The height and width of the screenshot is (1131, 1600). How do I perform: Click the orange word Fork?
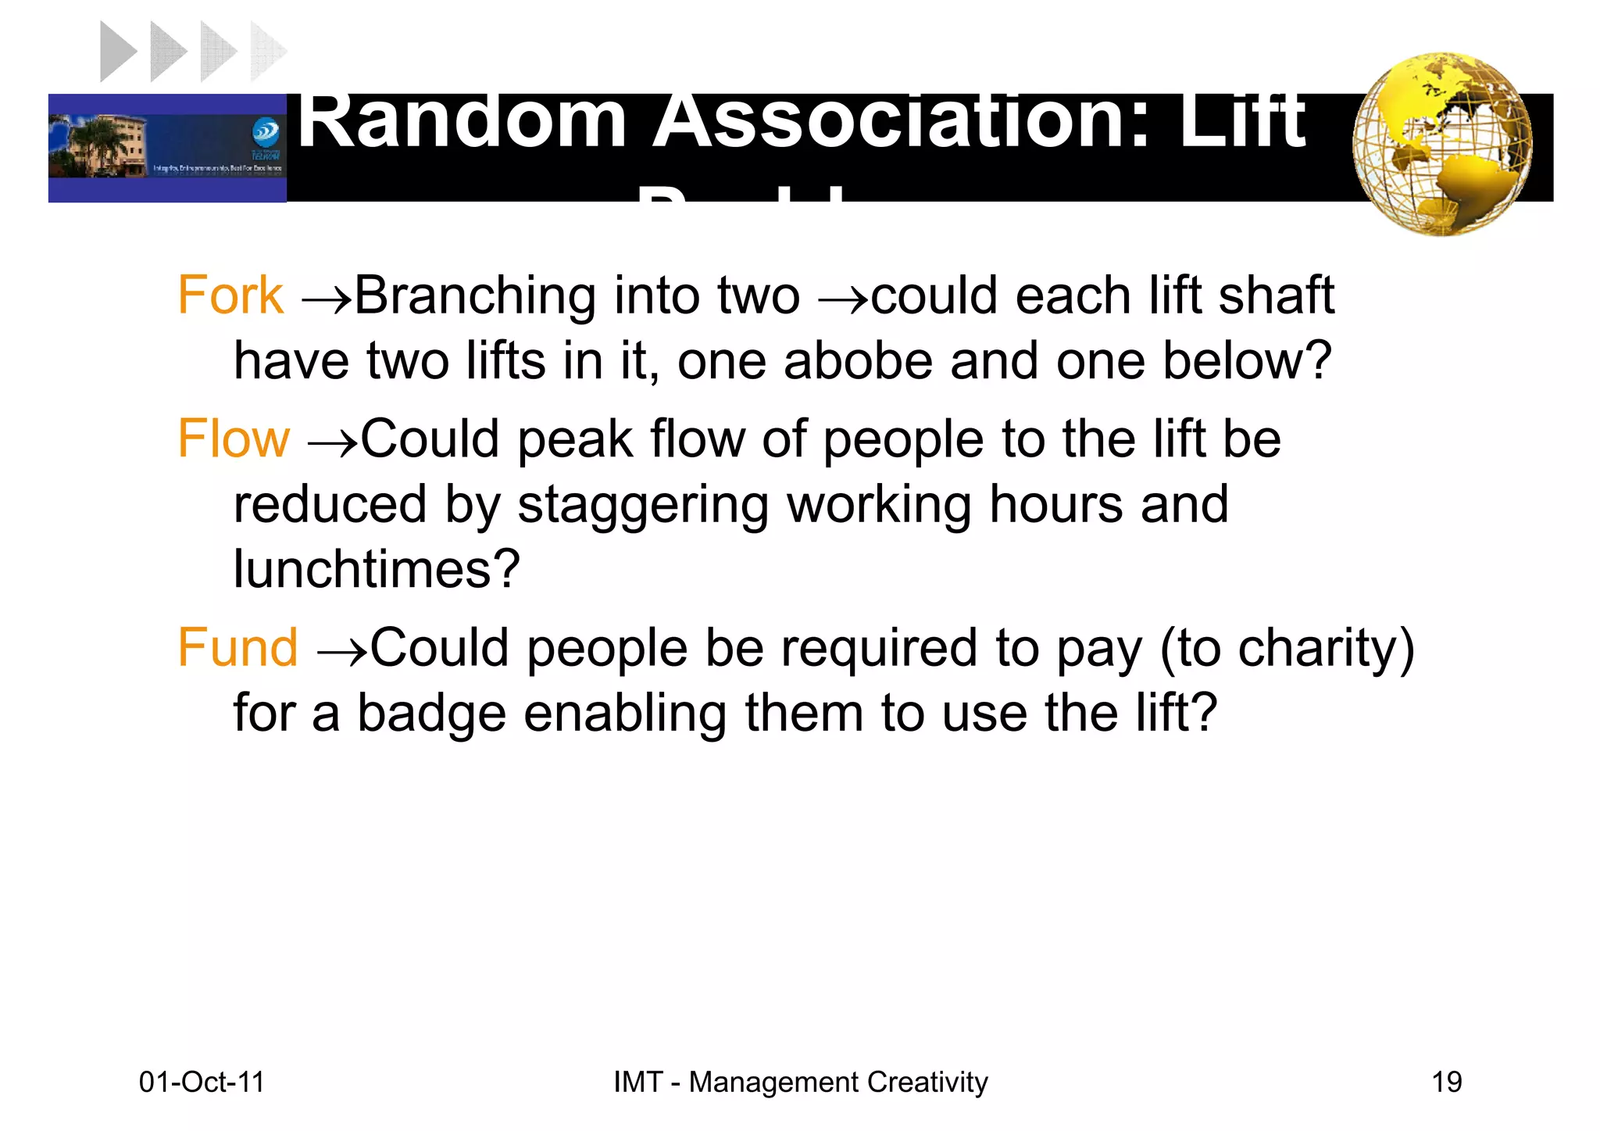pyautogui.click(x=230, y=295)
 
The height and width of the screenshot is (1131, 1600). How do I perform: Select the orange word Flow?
pyautogui.click(x=233, y=438)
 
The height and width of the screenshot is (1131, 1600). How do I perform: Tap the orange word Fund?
pyautogui.click(x=237, y=648)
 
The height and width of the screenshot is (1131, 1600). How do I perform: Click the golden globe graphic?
pyautogui.click(x=1442, y=145)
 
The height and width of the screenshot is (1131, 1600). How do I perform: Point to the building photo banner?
pyautogui.click(x=167, y=148)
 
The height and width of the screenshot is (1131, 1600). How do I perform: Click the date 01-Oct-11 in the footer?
pyautogui.click(x=202, y=1083)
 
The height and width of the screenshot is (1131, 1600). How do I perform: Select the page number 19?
pyautogui.click(x=1446, y=1083)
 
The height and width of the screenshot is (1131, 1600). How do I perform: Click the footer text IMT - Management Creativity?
pyautogui.click(x=800, y=1083)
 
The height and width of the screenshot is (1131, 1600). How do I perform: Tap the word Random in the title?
pyautogui.click(x=462, y=121)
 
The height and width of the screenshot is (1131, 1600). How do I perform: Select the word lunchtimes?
pyautogui.click(x=377, y=569)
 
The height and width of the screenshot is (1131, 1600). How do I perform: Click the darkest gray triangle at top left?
pyautogui.click(x=119, y=52)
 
